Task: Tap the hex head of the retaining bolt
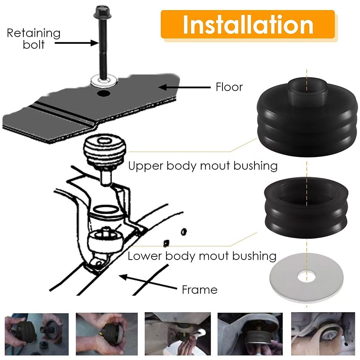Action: (103, 12)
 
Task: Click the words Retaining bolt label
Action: (33, 39)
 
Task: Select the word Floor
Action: (229, 87)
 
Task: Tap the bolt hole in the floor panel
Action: (103, 93)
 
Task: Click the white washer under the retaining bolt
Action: (104, 81)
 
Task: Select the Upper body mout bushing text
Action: (203, 166)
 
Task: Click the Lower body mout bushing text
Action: (202, 256)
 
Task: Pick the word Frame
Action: (199, 290)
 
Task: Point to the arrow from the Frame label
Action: (148, 282)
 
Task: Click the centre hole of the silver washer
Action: (307, 276)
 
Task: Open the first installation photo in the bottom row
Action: (37, 334)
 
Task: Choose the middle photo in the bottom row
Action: (177, 334)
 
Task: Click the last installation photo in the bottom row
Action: (323, 334)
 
